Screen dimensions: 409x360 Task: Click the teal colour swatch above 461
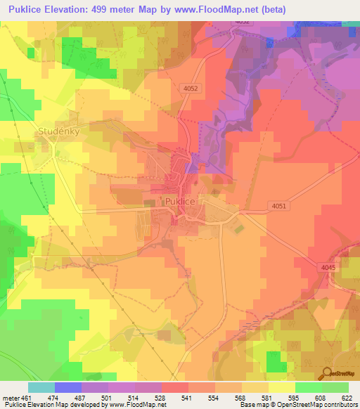click(x=41, y=387)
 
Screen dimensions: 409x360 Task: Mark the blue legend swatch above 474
click(x=68, y=387)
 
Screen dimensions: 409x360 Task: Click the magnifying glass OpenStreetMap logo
click(x=328, y=372)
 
